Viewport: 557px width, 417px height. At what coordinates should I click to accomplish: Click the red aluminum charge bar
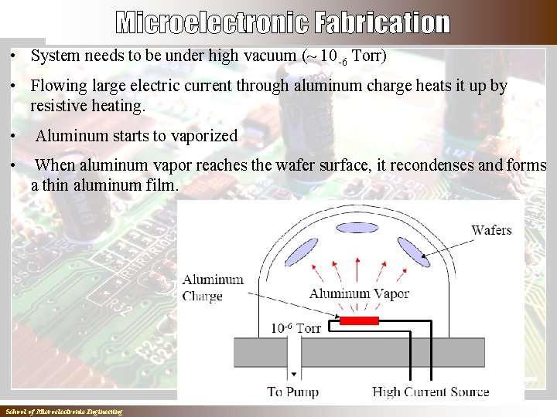[359, 320]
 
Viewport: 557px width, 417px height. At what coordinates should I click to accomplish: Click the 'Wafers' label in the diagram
[491, 230]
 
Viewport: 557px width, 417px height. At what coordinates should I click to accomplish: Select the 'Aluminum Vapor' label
[359, 293]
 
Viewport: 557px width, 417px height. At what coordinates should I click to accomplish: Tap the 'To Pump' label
[292, 392]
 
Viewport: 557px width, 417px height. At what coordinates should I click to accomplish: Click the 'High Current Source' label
[431, 392]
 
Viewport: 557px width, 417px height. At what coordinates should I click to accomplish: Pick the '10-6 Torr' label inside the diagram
[295, 328]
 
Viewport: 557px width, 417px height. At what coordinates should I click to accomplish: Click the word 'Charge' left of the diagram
[203, 296]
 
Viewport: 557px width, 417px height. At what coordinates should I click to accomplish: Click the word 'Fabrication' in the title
[382, 23]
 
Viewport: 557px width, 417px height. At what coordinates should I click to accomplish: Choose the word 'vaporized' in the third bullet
[203, 136]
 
